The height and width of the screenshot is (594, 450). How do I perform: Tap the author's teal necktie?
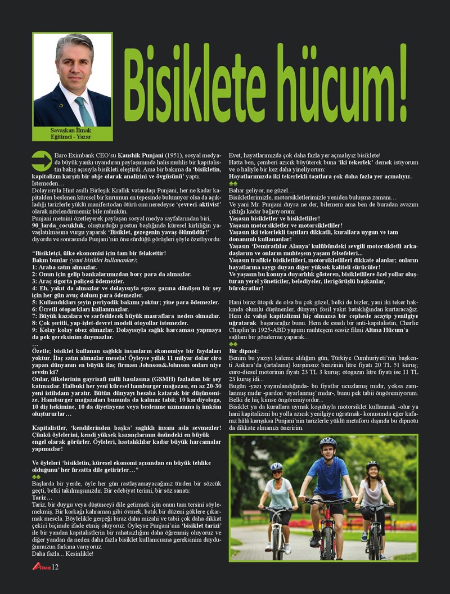[84, 109]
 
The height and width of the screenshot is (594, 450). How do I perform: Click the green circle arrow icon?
[42, 160]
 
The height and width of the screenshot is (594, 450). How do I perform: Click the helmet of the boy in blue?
[327, 442]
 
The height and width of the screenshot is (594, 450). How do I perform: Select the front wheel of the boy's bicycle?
[326, 541]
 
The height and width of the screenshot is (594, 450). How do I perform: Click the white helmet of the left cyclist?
[276, 466]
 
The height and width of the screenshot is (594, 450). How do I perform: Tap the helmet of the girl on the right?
[372, 465]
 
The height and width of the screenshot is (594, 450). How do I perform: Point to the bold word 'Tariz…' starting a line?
[42, 498]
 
